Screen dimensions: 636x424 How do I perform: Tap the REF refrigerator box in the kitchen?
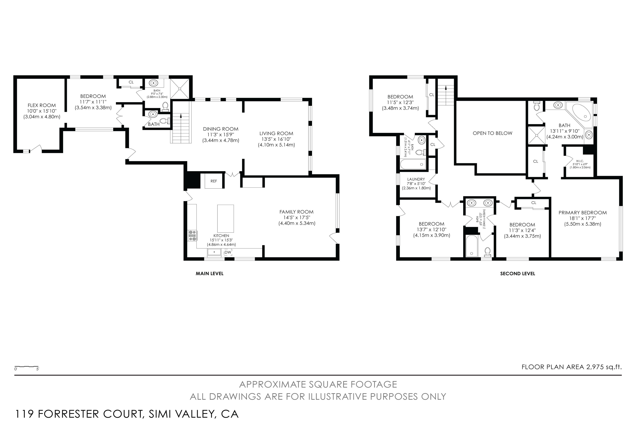tap(214, 181)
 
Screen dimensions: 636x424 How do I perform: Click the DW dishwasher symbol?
tap(228, 252)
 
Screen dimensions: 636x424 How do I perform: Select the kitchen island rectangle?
tap(226, 219)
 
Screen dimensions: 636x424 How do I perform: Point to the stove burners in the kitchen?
tap(193, 235)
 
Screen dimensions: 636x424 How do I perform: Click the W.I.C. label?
tap(580, 161)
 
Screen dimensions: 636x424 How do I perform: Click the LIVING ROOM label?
tap(276, 134)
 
